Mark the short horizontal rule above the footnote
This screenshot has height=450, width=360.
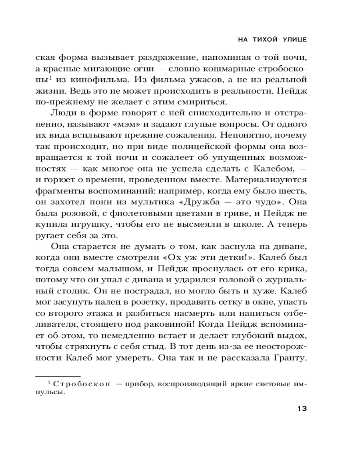[x=58, y=375]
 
